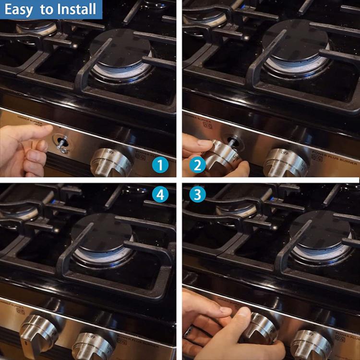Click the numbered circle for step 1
click(x=160, y=166)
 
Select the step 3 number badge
click(x=195, y=195)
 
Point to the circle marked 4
click(x=160, y=195)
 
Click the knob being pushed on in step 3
click(x=259, y=329)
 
